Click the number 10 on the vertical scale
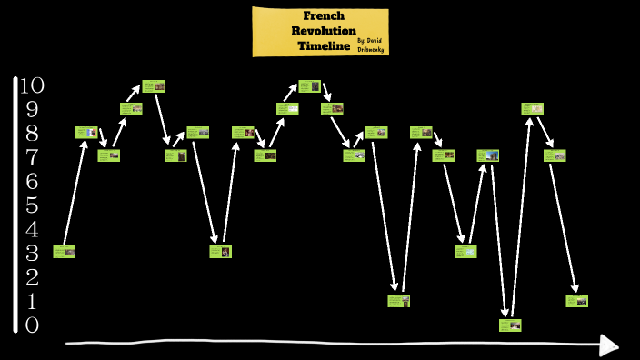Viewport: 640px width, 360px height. click(32, 86)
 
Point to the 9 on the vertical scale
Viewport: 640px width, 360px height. click(32, 110)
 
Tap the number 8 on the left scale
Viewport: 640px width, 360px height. click(32, 134)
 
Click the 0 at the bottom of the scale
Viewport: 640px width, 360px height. click(32, 325)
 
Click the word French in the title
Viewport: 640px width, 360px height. click(323, 16)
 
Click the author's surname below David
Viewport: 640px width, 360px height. click(371, 50)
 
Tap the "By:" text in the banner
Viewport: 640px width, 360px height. click(362, 41)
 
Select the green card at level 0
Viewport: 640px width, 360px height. click(510, 325)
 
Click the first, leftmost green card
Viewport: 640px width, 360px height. click(64, 252)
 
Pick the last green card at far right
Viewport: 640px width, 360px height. click(577, 301)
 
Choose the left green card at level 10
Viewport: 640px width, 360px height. click(153, 86)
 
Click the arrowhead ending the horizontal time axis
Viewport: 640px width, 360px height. click(609, 345)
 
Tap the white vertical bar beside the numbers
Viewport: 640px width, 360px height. click(15, 205)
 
